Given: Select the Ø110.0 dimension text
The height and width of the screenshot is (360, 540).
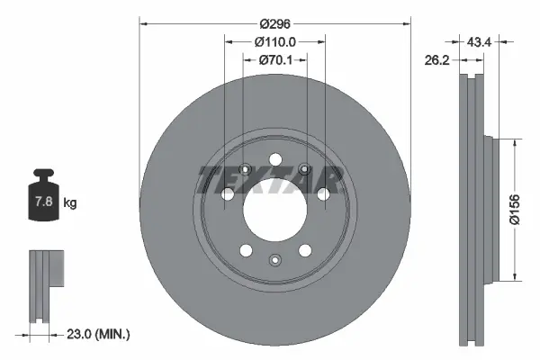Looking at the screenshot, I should [x=275, y=41].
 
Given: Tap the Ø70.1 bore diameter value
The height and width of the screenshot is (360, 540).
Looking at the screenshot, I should [x=275, y=60].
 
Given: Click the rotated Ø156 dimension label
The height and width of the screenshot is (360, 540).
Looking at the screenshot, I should [x=526, y=209].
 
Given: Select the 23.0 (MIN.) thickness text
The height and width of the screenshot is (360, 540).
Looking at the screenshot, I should [x=98, y=334].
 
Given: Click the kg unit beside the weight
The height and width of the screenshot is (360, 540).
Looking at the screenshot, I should [x=70, y=203].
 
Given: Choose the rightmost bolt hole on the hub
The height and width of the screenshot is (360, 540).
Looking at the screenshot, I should [x=324, y=193].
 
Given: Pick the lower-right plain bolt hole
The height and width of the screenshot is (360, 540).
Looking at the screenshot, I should [x=305, y=250].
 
